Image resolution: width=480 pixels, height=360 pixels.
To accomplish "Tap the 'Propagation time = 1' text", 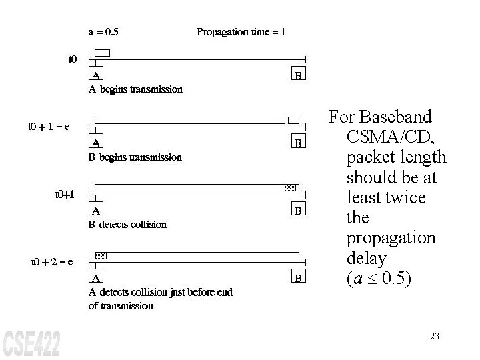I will [241, 31].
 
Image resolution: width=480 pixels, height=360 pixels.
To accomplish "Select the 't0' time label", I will [73, 59].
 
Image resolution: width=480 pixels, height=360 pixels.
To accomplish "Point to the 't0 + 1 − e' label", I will [49, 126].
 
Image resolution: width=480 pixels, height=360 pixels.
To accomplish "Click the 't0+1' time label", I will [65, 195].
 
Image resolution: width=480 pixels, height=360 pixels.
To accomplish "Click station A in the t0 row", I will [97, 75].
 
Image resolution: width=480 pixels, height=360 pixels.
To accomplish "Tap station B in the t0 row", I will [299, 75].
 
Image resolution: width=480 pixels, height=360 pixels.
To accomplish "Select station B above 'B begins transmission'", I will [299, 143].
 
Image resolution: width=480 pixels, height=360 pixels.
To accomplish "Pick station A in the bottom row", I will [97, 277].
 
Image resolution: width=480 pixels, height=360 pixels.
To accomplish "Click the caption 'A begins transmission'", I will [135, 89].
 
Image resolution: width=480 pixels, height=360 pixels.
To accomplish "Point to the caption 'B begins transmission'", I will [135, 157].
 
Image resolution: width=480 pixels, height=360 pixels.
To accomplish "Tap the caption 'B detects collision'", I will [128, 225].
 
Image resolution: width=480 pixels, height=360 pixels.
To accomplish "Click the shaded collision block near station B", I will [289, 187].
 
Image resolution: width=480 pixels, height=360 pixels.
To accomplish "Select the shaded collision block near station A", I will [101, 255].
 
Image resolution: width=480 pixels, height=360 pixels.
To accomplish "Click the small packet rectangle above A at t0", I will [102, 53].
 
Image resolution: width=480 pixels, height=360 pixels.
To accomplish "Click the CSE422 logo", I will [31, 342].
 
